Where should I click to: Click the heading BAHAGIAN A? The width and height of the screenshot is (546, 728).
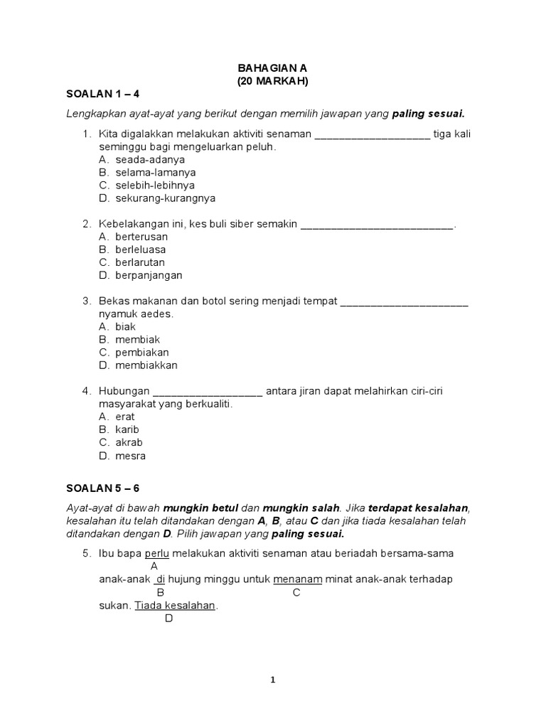[x=272, y=68]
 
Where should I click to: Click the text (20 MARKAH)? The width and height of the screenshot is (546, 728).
[x=272, y=81]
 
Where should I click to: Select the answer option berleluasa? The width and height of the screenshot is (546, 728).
[x=141, y=250]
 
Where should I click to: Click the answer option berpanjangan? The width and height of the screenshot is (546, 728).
[x=149, y=275]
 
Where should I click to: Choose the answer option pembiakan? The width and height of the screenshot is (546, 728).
[x=142, y=353]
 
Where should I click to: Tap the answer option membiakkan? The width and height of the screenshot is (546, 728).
[x=146, y=365]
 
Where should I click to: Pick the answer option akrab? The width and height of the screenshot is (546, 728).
[x=129, y=442]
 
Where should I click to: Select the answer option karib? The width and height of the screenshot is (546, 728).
[x=127, y=429]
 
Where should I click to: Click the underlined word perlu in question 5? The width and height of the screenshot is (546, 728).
[x=156, y=553]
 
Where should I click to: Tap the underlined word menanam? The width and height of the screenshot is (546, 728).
[x=298, y=579]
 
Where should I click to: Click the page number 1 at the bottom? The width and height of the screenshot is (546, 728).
[x=273, y=680]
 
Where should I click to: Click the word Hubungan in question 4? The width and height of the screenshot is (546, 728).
[x=124, y=391]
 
